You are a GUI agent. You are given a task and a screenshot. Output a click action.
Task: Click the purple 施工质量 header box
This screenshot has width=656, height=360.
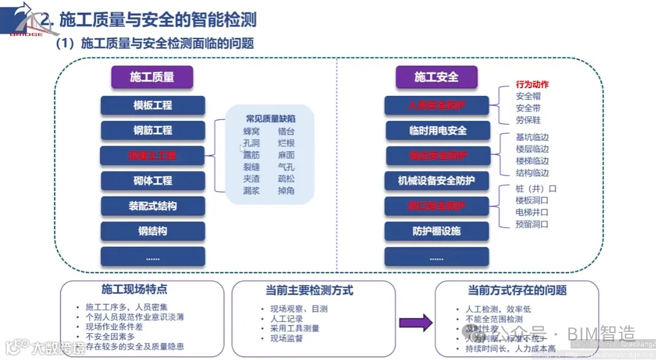[x=152, y=77]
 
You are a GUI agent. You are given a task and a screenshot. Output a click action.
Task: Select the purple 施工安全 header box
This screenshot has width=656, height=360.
[x=436, y=77]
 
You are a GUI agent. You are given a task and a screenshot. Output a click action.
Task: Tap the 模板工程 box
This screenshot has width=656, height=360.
[x=153, y=105]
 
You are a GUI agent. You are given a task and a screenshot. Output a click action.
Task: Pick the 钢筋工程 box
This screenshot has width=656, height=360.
[x=153, y=130]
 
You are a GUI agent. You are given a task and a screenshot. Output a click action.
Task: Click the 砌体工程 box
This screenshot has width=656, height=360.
[x=153, y=181]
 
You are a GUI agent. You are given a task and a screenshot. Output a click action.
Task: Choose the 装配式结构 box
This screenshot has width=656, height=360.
[x=153, y=206]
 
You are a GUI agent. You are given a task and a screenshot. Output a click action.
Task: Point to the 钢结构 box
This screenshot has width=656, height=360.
[x=153, y=231]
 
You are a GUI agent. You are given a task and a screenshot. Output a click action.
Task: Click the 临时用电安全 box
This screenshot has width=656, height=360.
[x=437, y=130]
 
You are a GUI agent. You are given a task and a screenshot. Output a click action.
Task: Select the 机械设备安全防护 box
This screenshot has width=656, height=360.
[x=437, y=181]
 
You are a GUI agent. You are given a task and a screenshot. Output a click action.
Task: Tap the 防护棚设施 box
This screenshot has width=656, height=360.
[x=437, y=231]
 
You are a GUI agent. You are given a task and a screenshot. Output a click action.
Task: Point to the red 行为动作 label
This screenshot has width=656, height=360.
[x=532, y=84]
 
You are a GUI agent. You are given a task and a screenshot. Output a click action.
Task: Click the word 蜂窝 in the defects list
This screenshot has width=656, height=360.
[x=252, y=132]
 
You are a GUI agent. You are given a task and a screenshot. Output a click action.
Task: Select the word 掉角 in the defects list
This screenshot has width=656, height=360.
[x=286, y=190]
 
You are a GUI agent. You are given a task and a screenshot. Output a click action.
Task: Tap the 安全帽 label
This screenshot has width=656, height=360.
[x=528, y=96]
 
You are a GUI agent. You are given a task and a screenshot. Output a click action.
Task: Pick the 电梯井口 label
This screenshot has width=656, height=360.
[x=532, y=212]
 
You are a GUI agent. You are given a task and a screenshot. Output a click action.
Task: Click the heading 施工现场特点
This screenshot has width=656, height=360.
[x=134, y=289]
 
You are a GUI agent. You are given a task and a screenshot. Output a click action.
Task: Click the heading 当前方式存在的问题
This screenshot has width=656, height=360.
[x=517, y=290]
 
